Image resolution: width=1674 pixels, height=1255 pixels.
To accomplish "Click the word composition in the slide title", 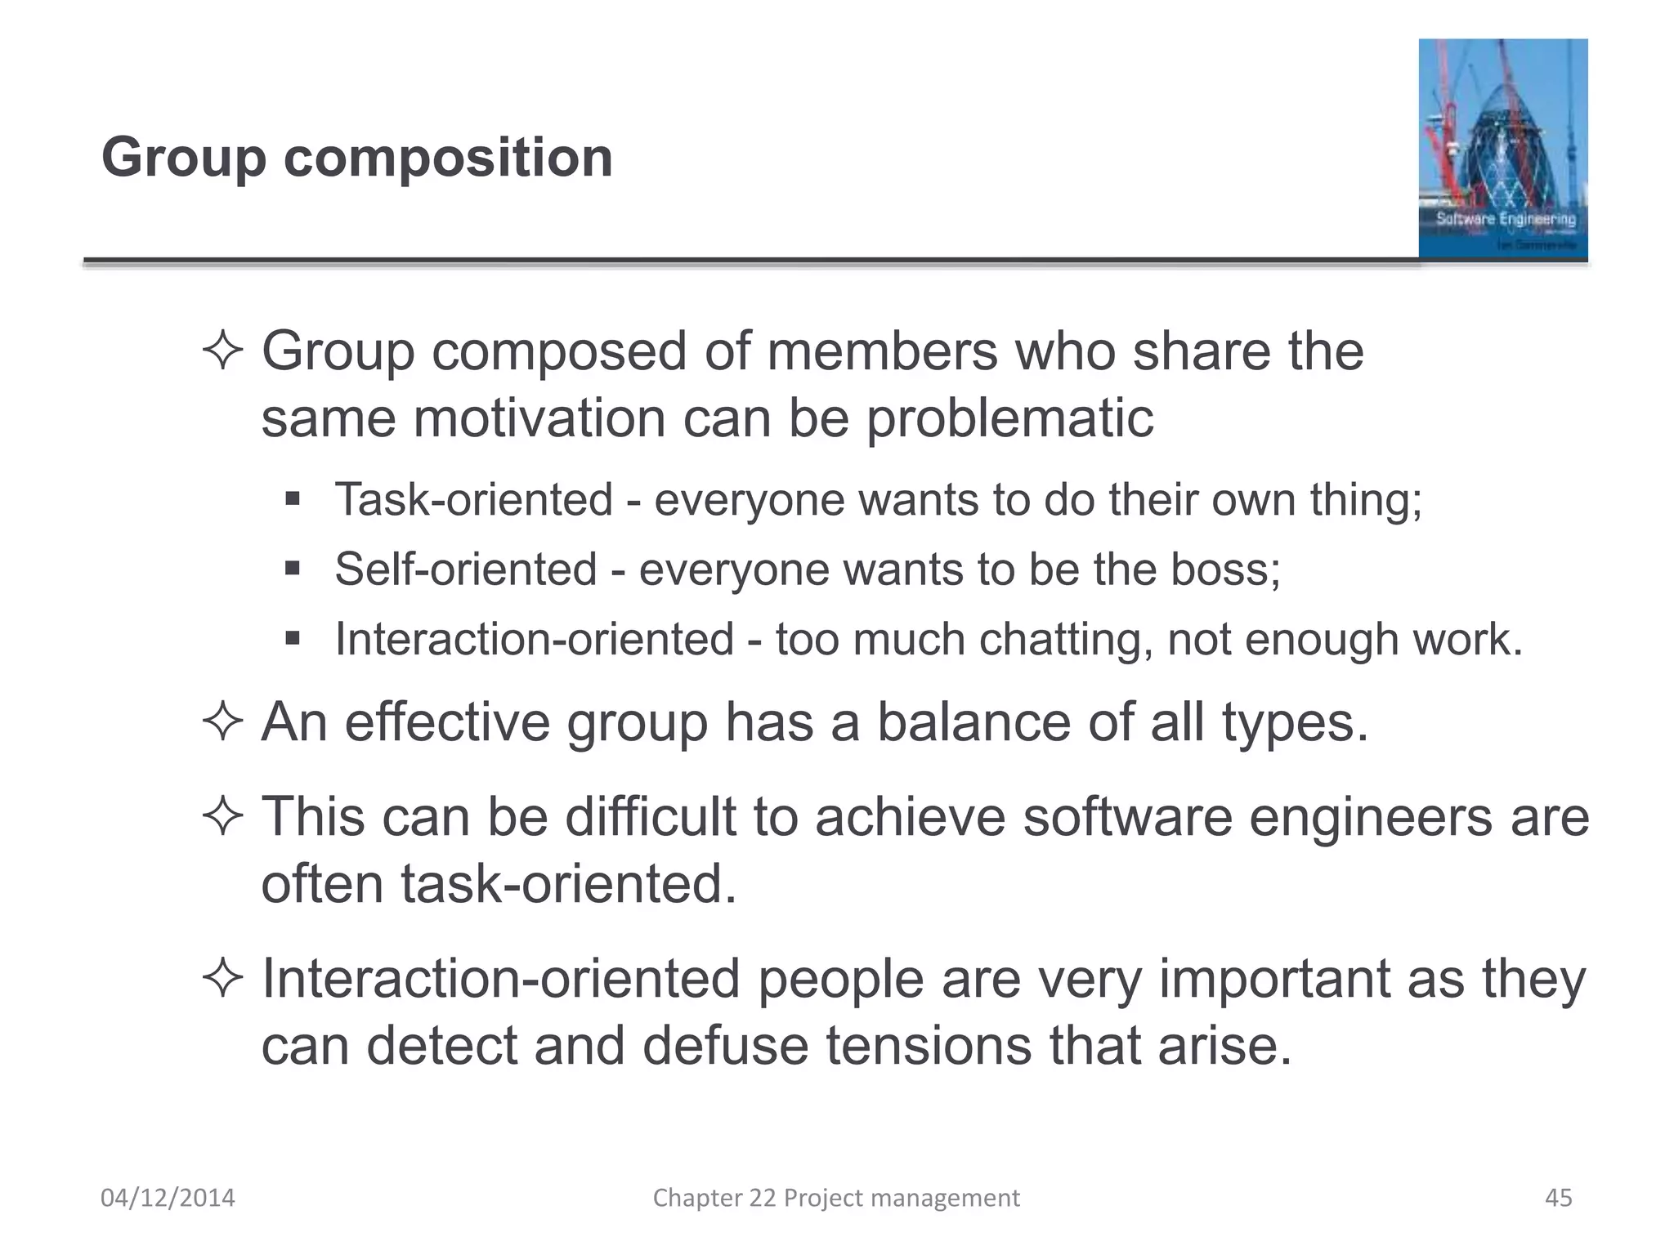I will tap(448, 159).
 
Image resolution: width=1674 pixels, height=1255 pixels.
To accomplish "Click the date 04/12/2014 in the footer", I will tap(168, 1198).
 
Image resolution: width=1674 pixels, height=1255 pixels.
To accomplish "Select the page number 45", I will tap(1558, 1198).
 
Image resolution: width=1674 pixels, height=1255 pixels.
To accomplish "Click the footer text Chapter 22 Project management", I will tap(835, 1198).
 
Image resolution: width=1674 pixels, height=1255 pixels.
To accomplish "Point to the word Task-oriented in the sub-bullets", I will tap(473, 499).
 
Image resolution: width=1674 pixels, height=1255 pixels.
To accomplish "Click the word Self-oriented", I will tap(465, 569).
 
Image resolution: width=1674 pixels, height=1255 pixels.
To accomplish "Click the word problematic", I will tap(1009, 418).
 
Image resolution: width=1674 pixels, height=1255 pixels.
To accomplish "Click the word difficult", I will tap(650, 817).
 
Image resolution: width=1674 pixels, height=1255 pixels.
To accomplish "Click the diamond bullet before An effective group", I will tap(222, 722).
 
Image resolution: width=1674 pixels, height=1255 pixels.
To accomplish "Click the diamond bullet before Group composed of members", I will tap(222, 351).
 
